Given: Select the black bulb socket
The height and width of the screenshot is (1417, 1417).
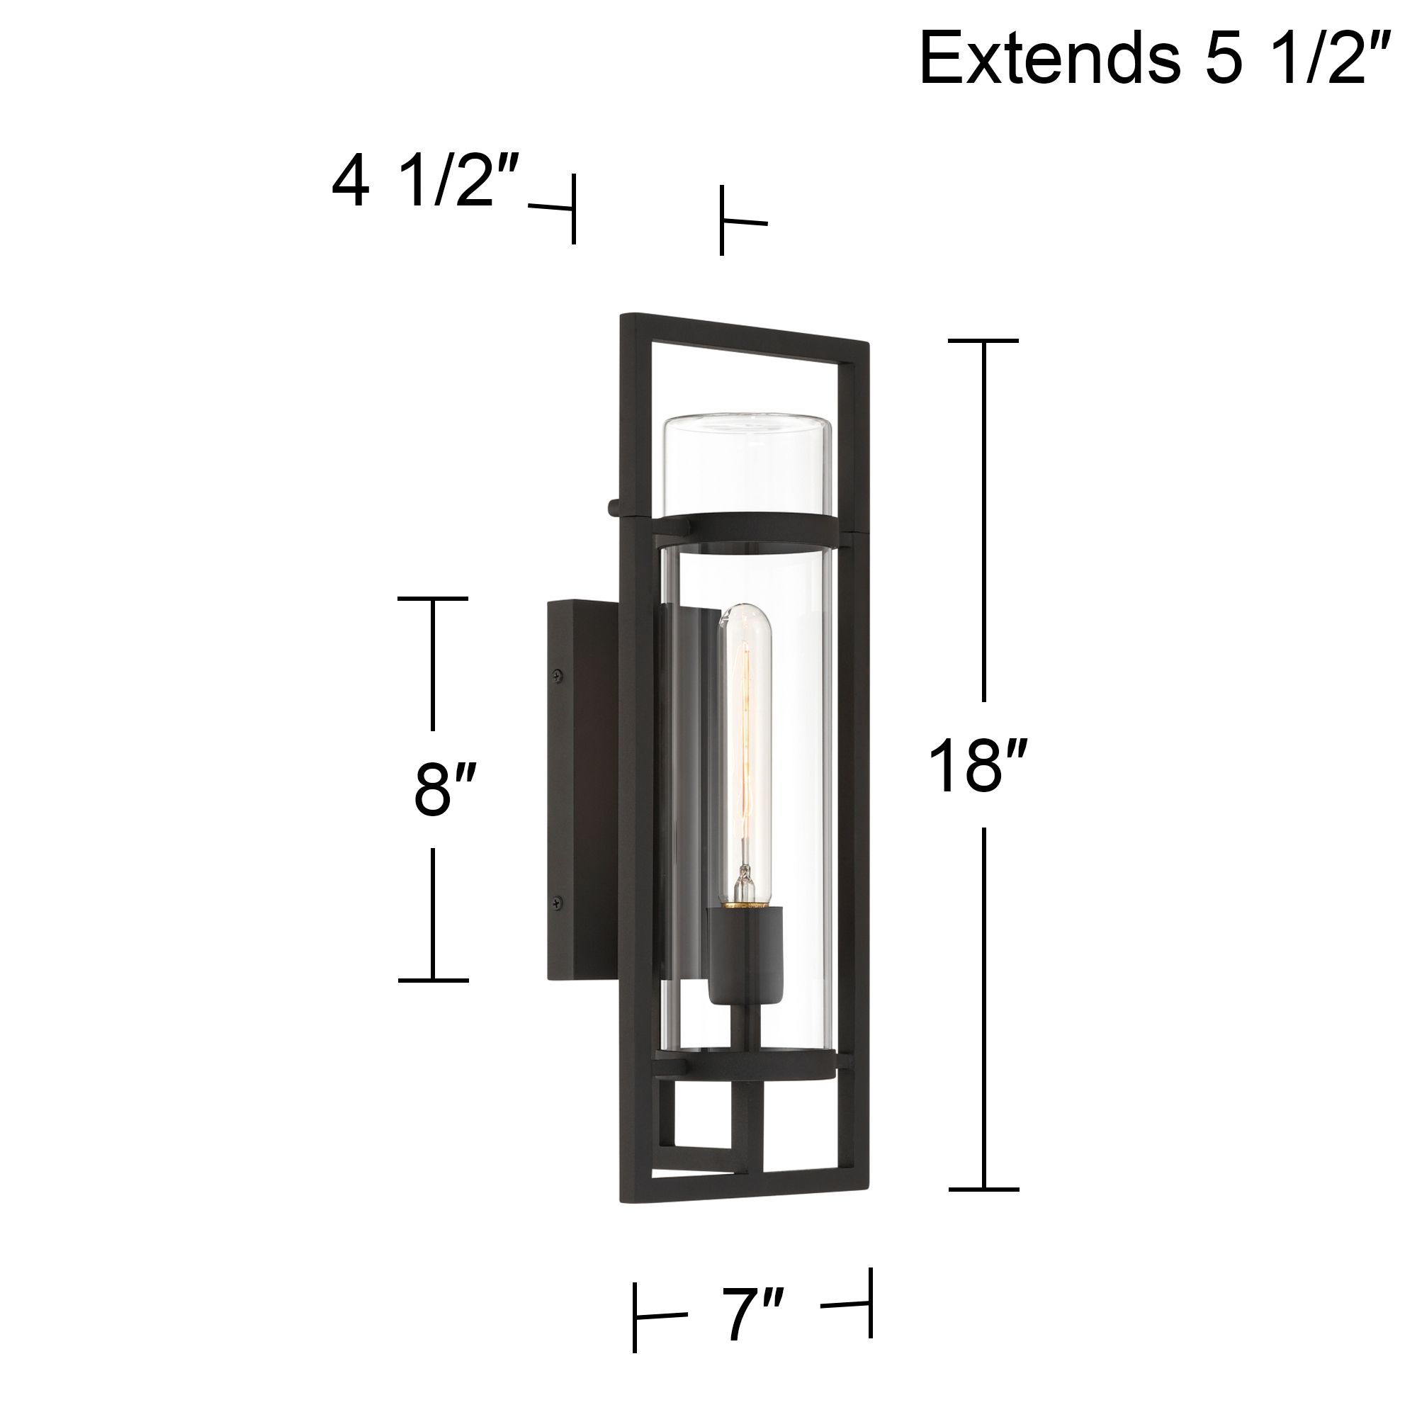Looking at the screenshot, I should point(745,954).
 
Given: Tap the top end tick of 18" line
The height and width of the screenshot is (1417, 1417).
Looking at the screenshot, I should point(983,341).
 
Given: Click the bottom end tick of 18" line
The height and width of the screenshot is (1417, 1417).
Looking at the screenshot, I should point(983,1189).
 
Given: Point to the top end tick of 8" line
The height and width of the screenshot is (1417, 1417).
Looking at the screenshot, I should point(433,599).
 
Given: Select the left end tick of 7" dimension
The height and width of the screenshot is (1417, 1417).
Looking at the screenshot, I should point(635,1316).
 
